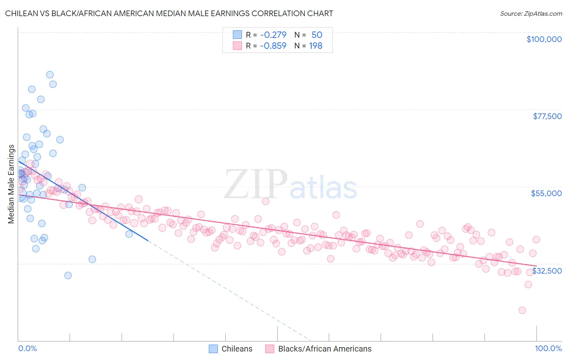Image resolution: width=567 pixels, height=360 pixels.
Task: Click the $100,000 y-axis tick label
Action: point(544,39)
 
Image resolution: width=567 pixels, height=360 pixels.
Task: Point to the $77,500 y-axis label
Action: point(547,116)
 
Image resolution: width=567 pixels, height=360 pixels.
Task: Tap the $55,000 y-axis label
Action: point(546,193)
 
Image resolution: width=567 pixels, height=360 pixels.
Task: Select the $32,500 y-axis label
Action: point(547,271)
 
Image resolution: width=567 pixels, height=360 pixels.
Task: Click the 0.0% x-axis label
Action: point(27,349)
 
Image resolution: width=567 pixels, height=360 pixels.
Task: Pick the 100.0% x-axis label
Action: point(548,349)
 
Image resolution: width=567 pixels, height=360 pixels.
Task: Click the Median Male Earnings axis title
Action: point(11,184)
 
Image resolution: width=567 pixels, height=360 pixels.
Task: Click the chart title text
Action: point(169,13)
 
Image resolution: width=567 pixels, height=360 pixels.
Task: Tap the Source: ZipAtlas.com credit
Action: point(531,14)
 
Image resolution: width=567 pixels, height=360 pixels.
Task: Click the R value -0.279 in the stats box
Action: point(273,35)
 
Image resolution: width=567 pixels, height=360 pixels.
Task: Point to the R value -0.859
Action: point(273,46)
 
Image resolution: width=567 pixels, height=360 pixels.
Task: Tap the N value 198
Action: point(316,46)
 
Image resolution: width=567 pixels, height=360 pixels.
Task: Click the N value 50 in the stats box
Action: point(317,35)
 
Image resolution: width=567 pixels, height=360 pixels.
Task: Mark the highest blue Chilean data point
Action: point(50,75)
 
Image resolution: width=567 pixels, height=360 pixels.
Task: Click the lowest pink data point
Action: point(522,310)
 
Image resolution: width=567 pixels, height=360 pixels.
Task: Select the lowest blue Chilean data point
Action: point(68,275)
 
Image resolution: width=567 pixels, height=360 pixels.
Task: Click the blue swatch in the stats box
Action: point(238,35)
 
